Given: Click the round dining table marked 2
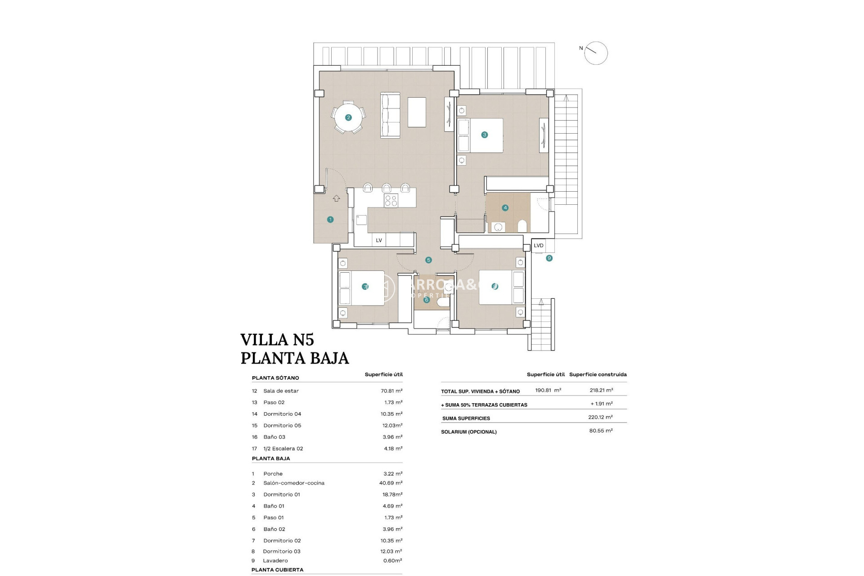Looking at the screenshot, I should pyautogui.click(x=348, y=117).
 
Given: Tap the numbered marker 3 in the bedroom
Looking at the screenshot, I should pyautogui.click(x=484, y=135).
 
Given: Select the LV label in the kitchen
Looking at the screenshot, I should pyautogui.click(x=379, y=240).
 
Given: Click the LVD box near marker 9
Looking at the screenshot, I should pyautogui.click(x=539, y=246).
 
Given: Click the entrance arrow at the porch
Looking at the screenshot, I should pyautogui.click(x=336, y=198).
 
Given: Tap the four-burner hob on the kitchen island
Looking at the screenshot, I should pyautogui.click(x=391, y=201).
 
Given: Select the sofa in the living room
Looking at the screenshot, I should pyautogui.click(x=390, y=115).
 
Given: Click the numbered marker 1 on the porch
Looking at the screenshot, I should pyautogui.click(x=330, y=220).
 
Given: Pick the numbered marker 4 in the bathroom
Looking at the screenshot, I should pyautogui.click(x=505, y=208).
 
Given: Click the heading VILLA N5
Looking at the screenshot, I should pyautogui.click(x=277, y=339).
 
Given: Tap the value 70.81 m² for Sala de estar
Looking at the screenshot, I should pyautogui.click(x=391, y=391).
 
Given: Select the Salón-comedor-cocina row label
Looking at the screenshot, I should pyautogui.click(x=294, y=483).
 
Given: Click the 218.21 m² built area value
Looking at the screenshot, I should pyautogui.click(x=601, y=391).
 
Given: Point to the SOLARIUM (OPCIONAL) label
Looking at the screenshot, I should pyautogui.click(x=469, y=432).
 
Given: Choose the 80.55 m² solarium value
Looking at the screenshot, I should pyautogui.click(x=601, y=431).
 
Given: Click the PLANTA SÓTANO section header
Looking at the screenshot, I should pyautogui.click(x=275, y=378).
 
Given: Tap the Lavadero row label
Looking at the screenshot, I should pyautogui.click(x=275, y=561).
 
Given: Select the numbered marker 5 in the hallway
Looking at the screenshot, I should pyautogui.click(x=428, y=260).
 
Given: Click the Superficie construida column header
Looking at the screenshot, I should pyautogui.click(x=598, y=374).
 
